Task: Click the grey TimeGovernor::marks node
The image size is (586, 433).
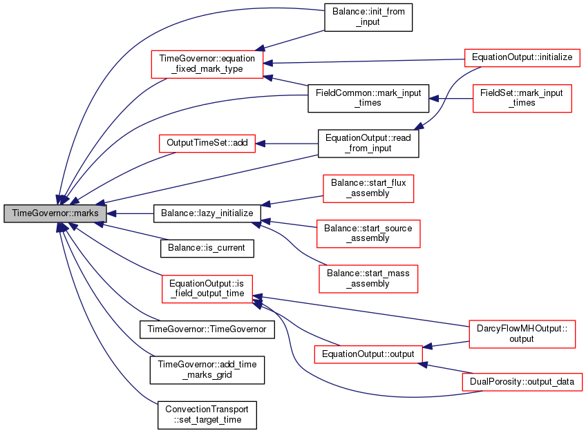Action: pyautogui.click(x=55, y=213)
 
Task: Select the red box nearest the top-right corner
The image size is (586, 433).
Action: pyautogui.click(x=522, y=58)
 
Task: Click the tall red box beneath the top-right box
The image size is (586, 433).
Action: pyautogui.click(x=522, y=99)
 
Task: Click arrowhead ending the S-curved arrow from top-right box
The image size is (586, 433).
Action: pyautogui.click(x=419, y=126)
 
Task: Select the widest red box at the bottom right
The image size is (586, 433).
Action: pyautogui.click(x=522, y=382)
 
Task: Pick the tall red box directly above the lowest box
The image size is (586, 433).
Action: pyautogui.click(x=522, y=334)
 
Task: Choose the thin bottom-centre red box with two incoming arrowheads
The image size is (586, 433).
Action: pyautogui.click(x=368, y=355)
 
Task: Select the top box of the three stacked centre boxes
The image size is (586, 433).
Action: pyautogui.click(x=368, y=189)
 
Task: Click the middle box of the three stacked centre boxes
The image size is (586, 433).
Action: pyautogui.click(x=368, y=234)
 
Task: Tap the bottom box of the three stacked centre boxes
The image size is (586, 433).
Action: pyautogui.click(x=368, y=279)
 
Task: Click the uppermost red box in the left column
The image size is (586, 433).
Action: pyautogui.click(x=207, y=64)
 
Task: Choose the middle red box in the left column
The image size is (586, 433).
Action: pyautogui.click(x=207, y=144)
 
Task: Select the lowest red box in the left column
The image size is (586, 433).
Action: pyautogui.click(x=207, y=289)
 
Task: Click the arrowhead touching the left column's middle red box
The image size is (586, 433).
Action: pyautogui.click(x=261, y=144)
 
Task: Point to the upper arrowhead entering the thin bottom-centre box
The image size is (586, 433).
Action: pyautogui.click(x=428, y=346)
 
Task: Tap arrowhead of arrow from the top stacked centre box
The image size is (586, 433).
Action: pyautogui.click(x=266, y=204)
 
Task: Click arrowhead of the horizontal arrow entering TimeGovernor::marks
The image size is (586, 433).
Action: pyautogui.click(x=111, y=213)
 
